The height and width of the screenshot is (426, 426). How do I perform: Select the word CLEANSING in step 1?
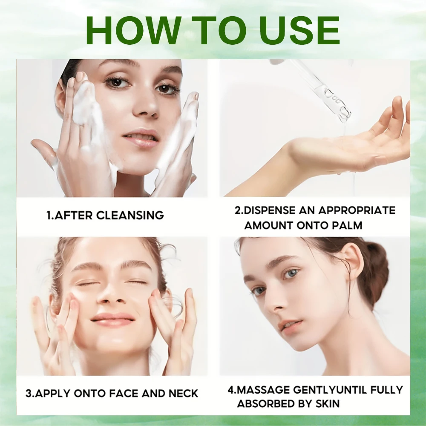click(x=130, y=215)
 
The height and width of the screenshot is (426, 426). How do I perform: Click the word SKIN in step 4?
click(x=327, y=403)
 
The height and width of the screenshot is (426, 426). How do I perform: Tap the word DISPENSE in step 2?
click(x=270, y=210)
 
